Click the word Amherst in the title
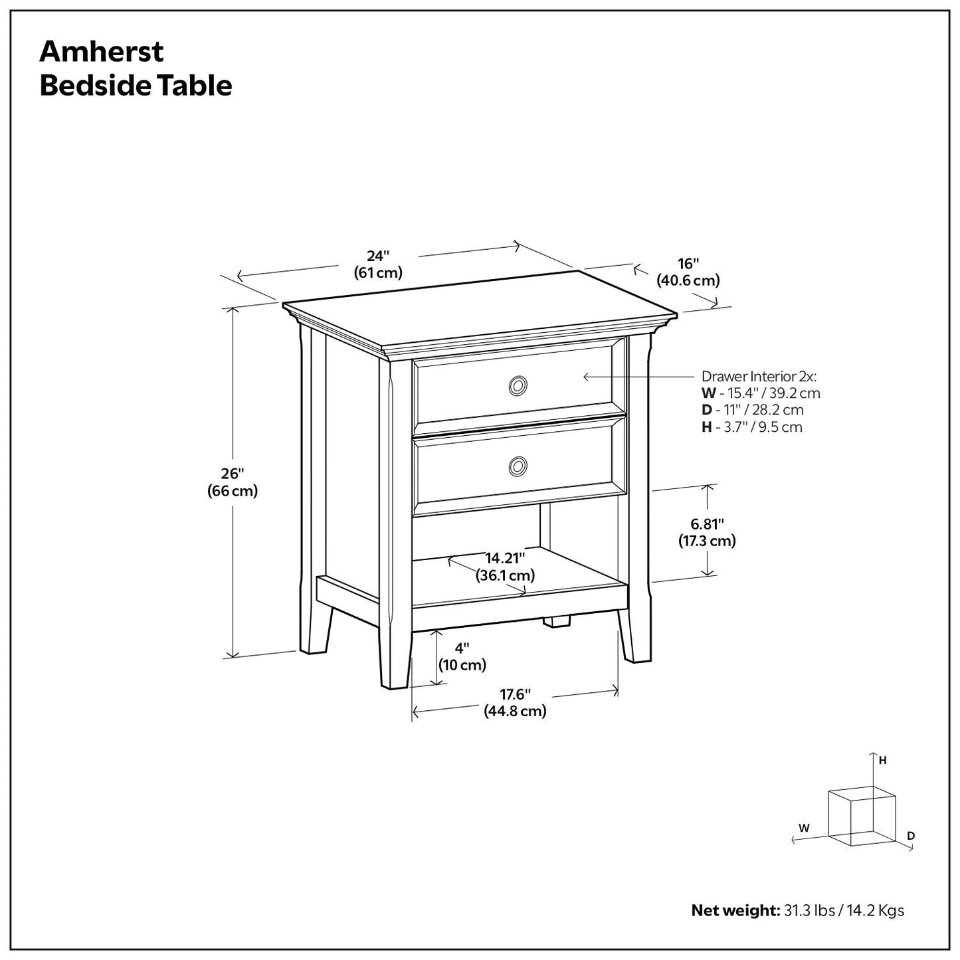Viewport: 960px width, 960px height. [101, 52]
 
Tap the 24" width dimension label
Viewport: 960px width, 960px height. [377, 264]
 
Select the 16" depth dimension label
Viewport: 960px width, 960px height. [688, 272]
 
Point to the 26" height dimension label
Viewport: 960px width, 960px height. [233, 482]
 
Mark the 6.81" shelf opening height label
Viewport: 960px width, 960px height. [707, 532]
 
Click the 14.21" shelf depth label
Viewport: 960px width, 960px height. [505, 566]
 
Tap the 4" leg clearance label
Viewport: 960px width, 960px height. [462, 656]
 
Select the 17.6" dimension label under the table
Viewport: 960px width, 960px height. [515, 703]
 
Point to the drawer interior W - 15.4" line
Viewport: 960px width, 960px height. [761, 393]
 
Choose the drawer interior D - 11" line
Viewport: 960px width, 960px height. [752, 410]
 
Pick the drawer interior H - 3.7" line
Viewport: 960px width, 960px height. [751, 427]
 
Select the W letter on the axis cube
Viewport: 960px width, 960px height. [804, 828]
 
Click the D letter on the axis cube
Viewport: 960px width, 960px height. [911, 835]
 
